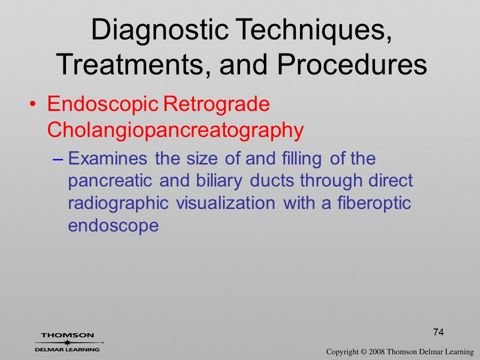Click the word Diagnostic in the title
(x=160, y=30)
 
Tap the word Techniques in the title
(x=314, y=30)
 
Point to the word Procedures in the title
(x=352, y=64)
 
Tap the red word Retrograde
(x=216, y=104)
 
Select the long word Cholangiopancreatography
(x=175, y=130)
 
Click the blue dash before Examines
(x=58, y=159)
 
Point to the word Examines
(x=107, y=158)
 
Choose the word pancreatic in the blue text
(x=110, y=181)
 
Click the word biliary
(x=219, y=180)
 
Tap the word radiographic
(x=118, y=203)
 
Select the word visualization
(x=225, y=203)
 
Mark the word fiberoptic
(x=374, y=203)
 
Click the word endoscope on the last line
(x=113, y=226)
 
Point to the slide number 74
(x=438, y=332)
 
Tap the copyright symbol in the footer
(x=363, y=351)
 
